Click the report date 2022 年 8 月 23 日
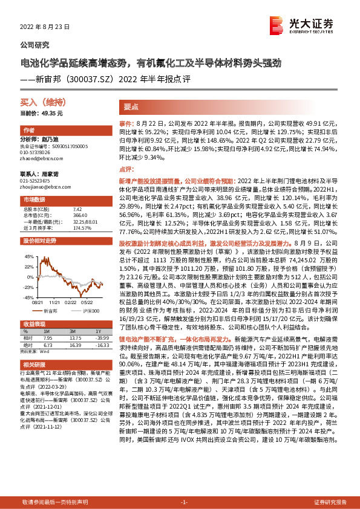45,27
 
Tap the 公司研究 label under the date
35,45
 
